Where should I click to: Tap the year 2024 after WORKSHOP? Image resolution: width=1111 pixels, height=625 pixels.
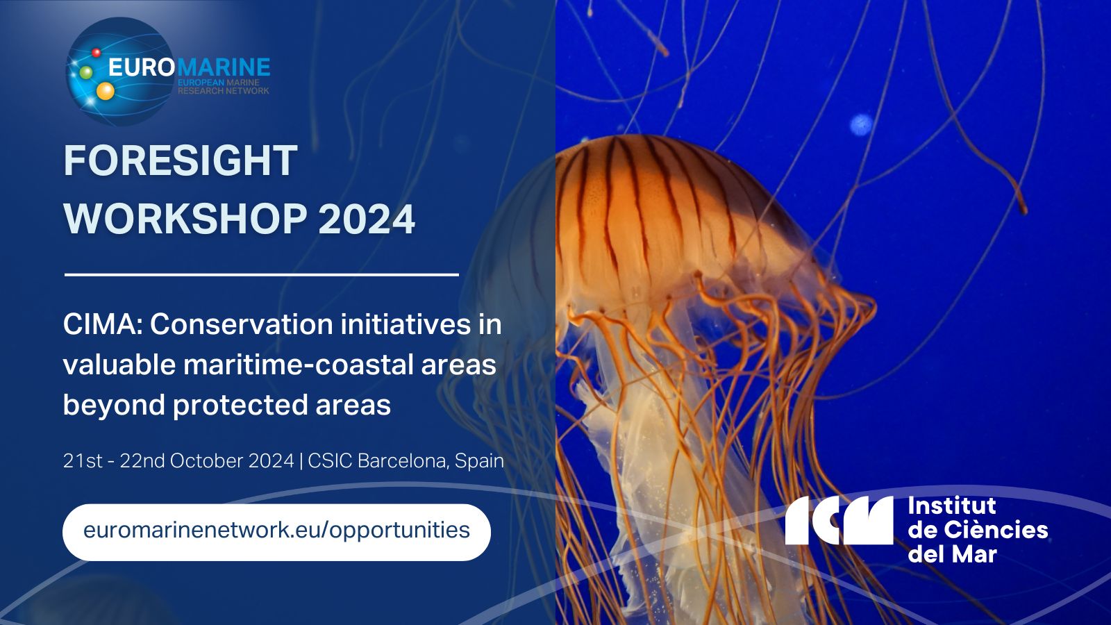pos(367,219)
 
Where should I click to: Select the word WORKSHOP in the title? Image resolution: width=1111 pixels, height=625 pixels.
pos(185,219)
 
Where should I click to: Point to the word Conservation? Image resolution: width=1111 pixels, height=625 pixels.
pos(242,325)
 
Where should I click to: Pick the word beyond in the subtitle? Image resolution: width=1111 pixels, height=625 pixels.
pos(114,406)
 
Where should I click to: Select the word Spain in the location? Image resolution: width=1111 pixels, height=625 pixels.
pos(479,461)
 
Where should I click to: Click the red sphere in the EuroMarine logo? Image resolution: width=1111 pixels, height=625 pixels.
pos(97,52)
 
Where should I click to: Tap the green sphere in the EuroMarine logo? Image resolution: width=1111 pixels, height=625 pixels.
pos(86,72)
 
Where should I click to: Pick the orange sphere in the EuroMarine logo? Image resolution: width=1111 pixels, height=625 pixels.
pos(105,91)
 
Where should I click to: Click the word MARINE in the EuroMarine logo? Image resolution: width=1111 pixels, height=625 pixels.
pos(223,67)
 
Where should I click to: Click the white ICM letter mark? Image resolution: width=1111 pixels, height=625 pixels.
pos(839,520)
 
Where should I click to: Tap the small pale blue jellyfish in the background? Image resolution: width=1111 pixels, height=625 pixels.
pos(861,125)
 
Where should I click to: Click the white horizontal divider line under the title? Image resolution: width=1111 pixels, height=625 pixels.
pos(261,274)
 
